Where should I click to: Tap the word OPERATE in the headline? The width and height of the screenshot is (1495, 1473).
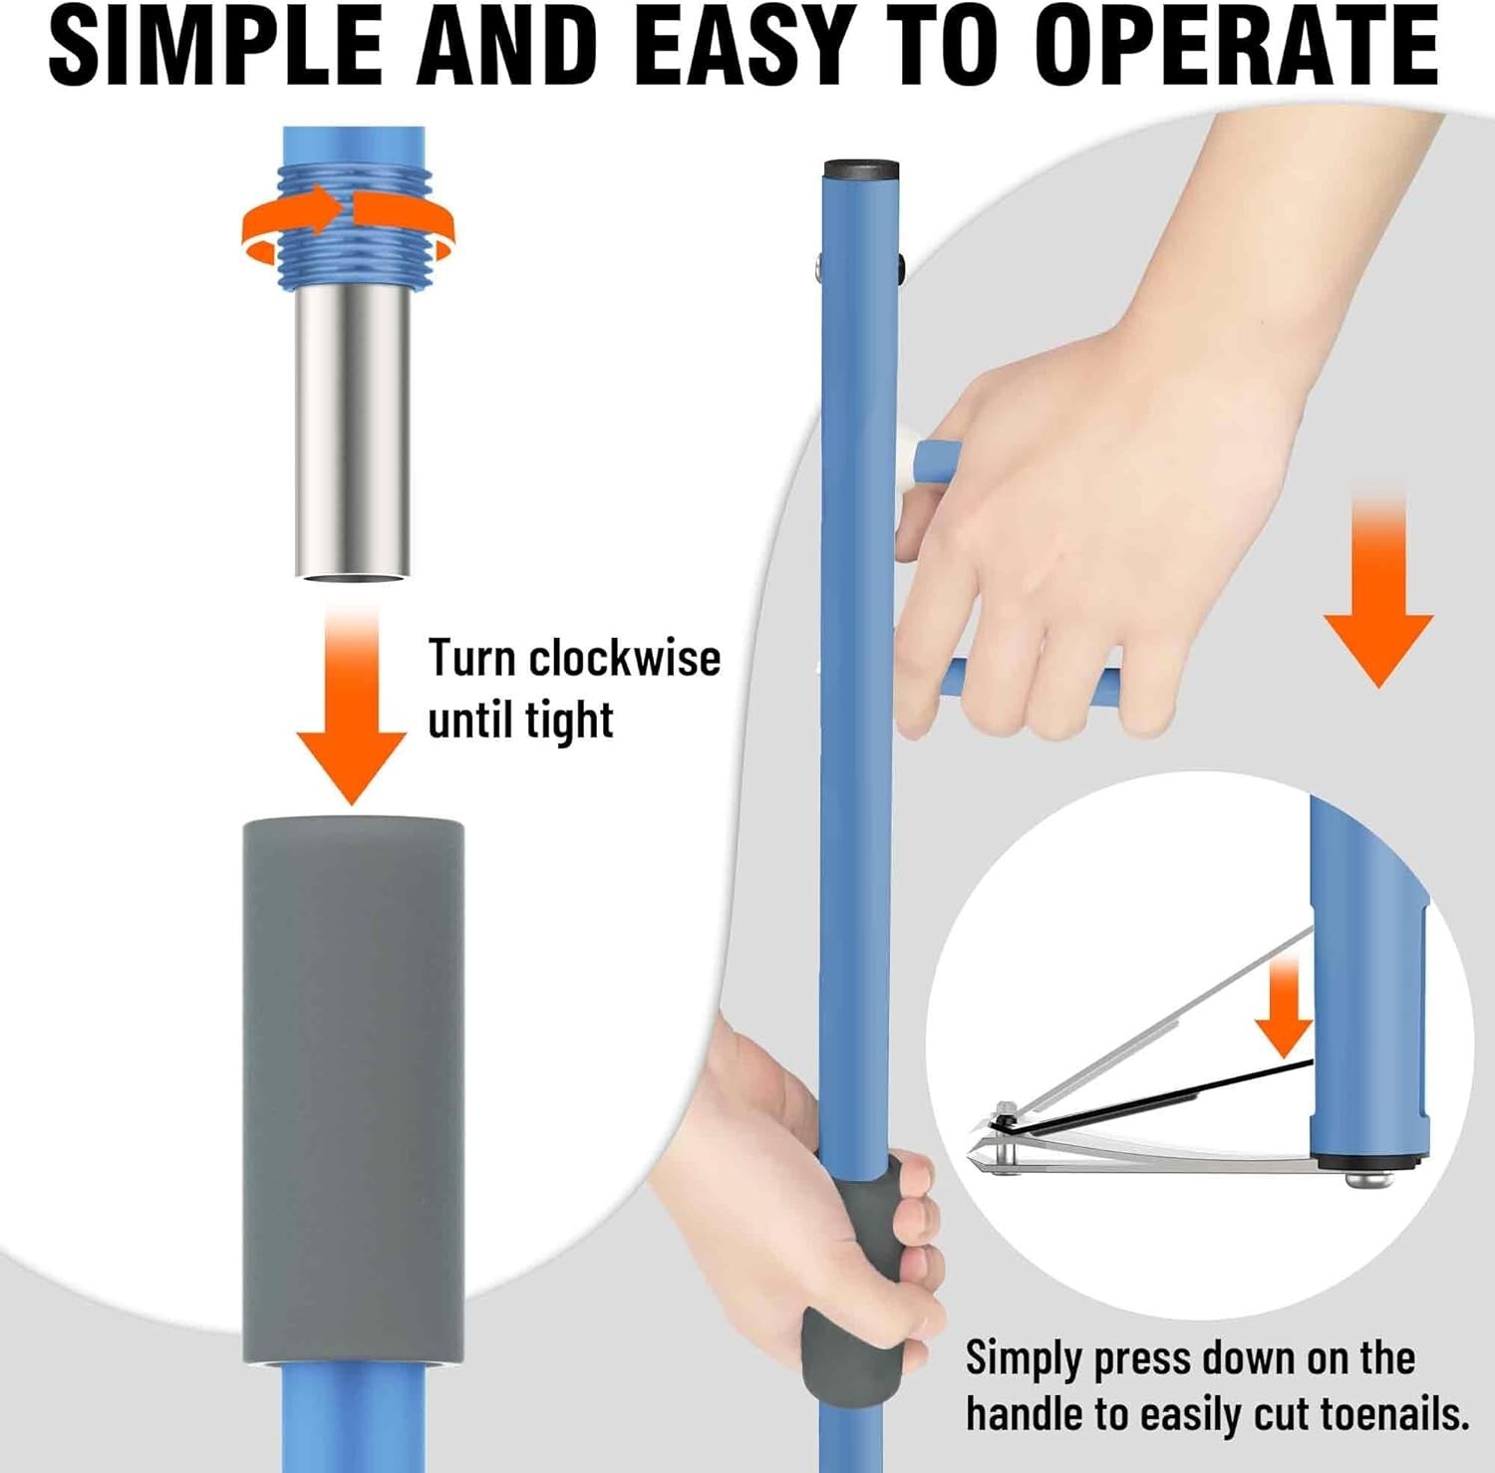1236,48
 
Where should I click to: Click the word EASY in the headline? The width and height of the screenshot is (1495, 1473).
743,48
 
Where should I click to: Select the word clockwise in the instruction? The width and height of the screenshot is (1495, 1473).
624,659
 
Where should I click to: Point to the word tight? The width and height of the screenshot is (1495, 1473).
569,721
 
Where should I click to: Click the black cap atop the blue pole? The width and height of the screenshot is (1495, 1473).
861,166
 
